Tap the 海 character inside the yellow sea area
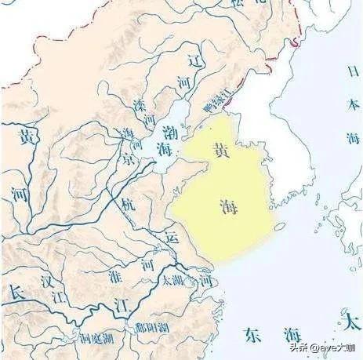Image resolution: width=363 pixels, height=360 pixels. pos(227,205)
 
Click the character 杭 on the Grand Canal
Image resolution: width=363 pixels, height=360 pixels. pos(127,205)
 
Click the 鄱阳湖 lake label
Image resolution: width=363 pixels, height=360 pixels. pos(147,327)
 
